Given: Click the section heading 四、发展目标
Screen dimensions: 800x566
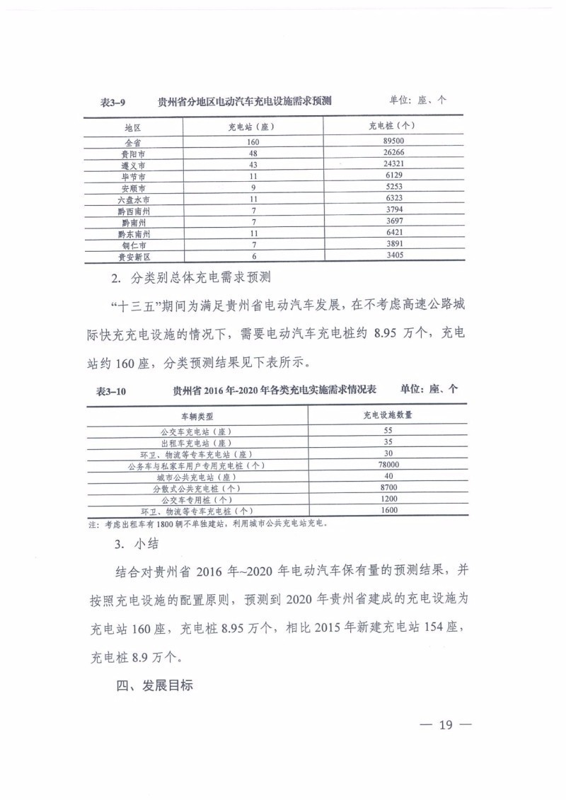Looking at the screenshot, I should point(154,686).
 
